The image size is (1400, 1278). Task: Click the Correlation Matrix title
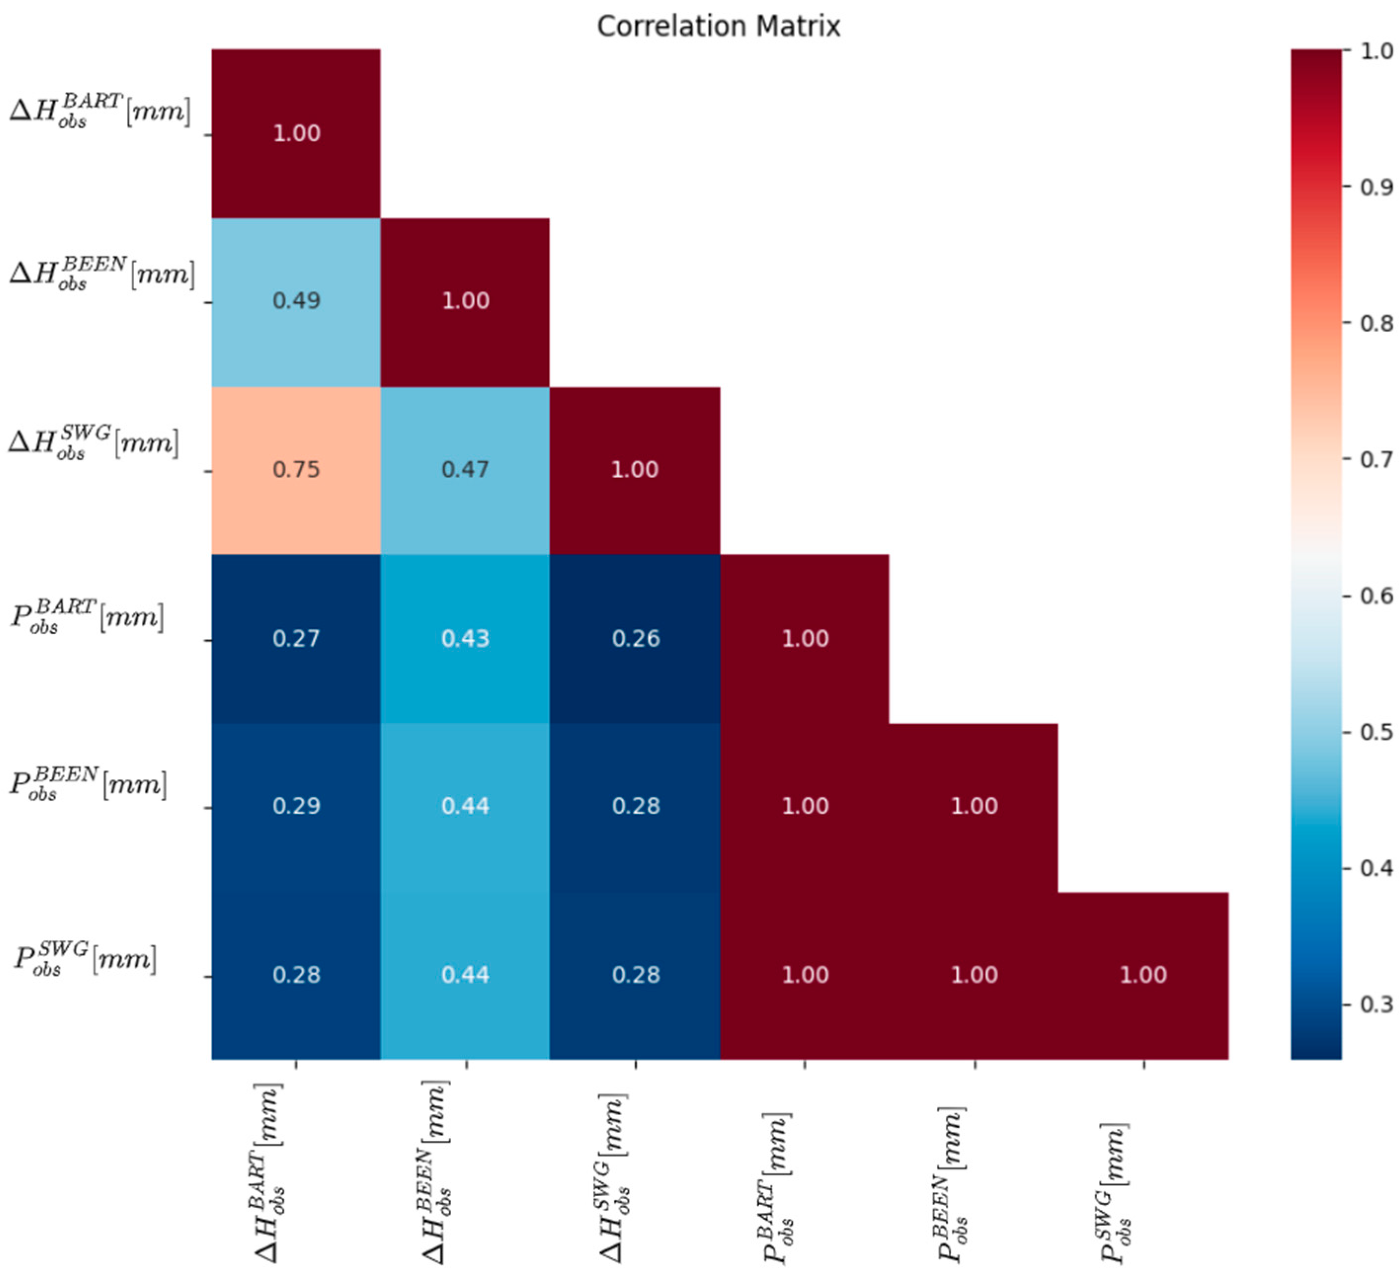pos(718,26)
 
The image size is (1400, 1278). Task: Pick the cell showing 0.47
pos(466,470)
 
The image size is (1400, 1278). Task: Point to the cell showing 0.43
pos(466,639)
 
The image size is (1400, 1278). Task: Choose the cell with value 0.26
pos(635,639)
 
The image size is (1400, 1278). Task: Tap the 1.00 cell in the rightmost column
pos(1143,976)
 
